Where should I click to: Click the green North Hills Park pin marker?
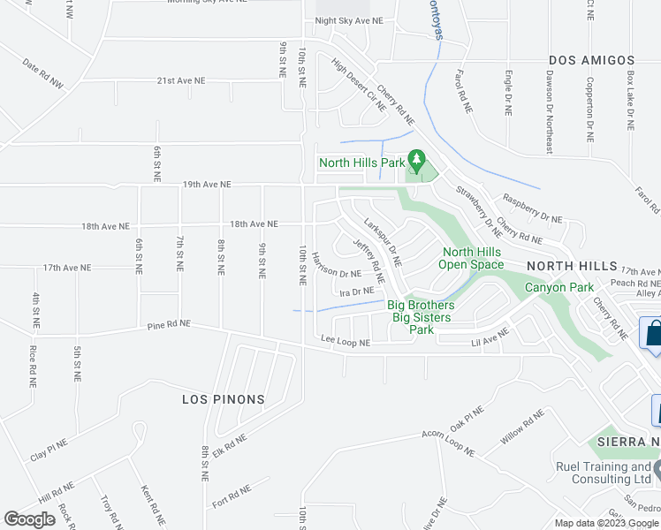click(x=421, y=160)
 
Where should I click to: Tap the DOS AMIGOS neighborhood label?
click(x=592, y=60)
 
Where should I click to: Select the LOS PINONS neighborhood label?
click(x=224, y=399)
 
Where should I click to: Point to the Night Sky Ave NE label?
click(x=349, y=20)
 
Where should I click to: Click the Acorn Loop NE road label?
click(x=445, y=443)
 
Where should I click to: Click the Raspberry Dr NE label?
click(x=532, y=208)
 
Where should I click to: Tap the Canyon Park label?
click(x=559, y=287)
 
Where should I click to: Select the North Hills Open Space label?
click(x=473, y=258)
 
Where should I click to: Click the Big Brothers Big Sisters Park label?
click(x=422, y=317)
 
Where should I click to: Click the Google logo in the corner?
click(x=30, y=519)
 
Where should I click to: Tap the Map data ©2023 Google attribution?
click(x=605, y=523)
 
